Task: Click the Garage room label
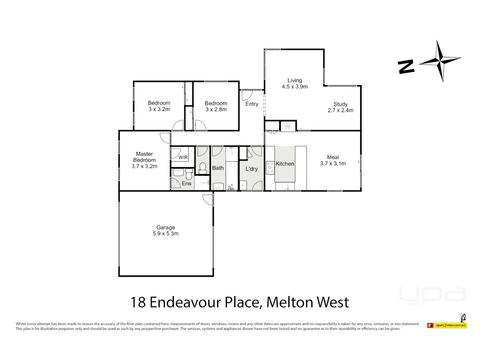[165, 227]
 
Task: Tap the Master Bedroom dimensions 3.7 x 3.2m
[144, 166]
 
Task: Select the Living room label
[295, 80]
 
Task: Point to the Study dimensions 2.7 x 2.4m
[340, 110]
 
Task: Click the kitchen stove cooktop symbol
[270, 168]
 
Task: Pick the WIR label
[183, 157]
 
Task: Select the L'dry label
[252, 169]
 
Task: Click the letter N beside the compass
[406, 67]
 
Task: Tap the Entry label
[252, 104]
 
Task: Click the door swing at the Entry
[247, 95]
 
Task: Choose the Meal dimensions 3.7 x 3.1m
[333, 164]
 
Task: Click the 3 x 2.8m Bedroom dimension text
[216, 110]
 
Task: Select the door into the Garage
[208, 199]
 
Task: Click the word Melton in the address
[289, 302]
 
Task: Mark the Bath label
[218, 168]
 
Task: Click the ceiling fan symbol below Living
[288, 126]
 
